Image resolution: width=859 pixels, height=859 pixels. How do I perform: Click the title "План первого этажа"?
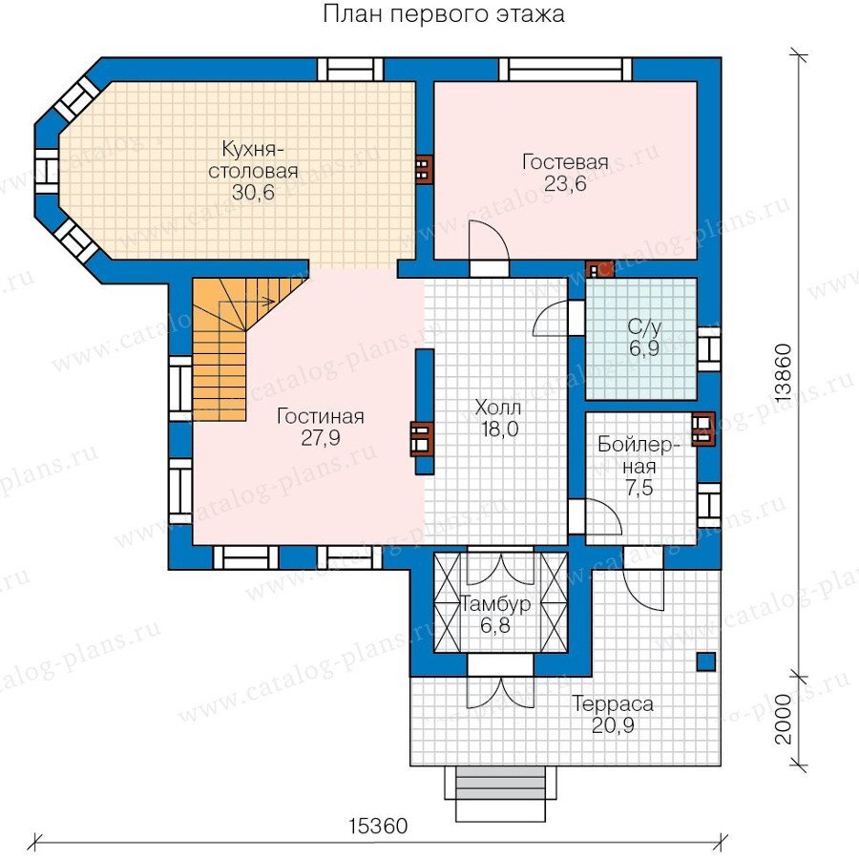[443, 14]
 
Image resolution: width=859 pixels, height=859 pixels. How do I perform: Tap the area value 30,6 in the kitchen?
[253, 193]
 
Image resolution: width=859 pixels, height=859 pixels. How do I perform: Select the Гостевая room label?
[565, 162]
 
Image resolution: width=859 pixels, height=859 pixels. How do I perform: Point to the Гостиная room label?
[321, 416]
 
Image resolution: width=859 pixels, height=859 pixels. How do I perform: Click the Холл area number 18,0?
[499, 429]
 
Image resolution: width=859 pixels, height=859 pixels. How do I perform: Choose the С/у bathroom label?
[644, 327]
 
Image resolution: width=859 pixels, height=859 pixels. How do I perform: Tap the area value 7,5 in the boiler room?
[639, 488]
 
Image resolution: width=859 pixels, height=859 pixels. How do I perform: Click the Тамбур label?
[495, 604]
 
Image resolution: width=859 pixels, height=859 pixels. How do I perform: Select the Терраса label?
[613, 704]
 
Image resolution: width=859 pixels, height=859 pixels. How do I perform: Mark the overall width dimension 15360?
[379, 826]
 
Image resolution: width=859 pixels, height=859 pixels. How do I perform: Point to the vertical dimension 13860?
[784, 373]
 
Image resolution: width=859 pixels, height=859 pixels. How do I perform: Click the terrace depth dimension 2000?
[784, 719]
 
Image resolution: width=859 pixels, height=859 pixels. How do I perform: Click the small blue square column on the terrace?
[706, 661]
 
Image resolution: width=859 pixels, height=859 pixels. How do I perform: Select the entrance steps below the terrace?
[501, 793]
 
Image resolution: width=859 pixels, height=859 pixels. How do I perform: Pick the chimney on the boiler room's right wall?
[703, 429]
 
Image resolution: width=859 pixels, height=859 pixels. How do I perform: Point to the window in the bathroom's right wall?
[709, 348]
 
